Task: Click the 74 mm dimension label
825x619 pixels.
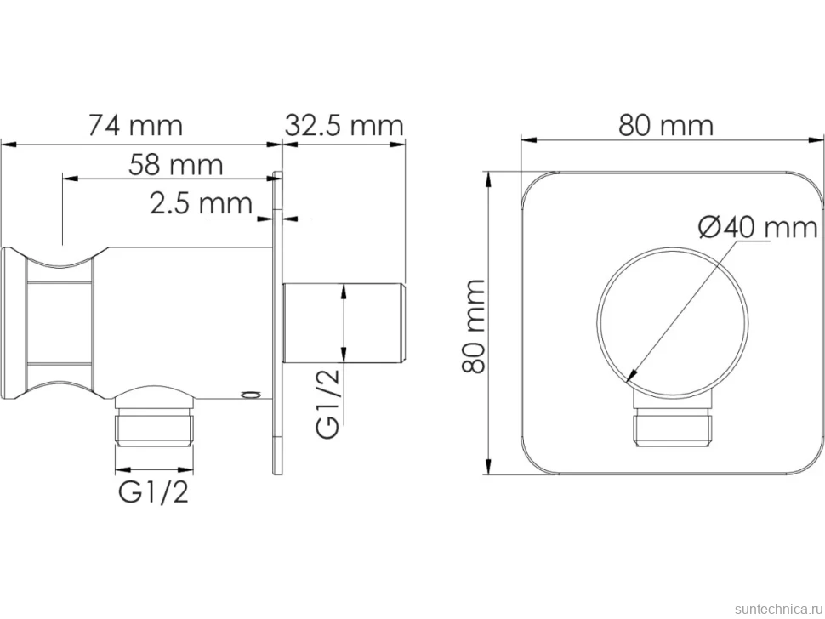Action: click(x=135, y=126)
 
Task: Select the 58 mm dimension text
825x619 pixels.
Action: click(x=176, y=165)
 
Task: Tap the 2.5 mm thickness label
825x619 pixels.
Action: click(x=201, y=203)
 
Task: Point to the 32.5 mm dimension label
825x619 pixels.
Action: click(x=344, y=126)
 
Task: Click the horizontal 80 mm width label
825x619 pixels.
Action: click(x=666, y=126)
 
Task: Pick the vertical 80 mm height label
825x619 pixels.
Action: click(x=473, y=326)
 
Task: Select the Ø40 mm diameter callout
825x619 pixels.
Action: click(x=758, y=228)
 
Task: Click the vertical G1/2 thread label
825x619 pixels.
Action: click(x=328, y=403)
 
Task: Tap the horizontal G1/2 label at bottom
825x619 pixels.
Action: click(x=153, y=493)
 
